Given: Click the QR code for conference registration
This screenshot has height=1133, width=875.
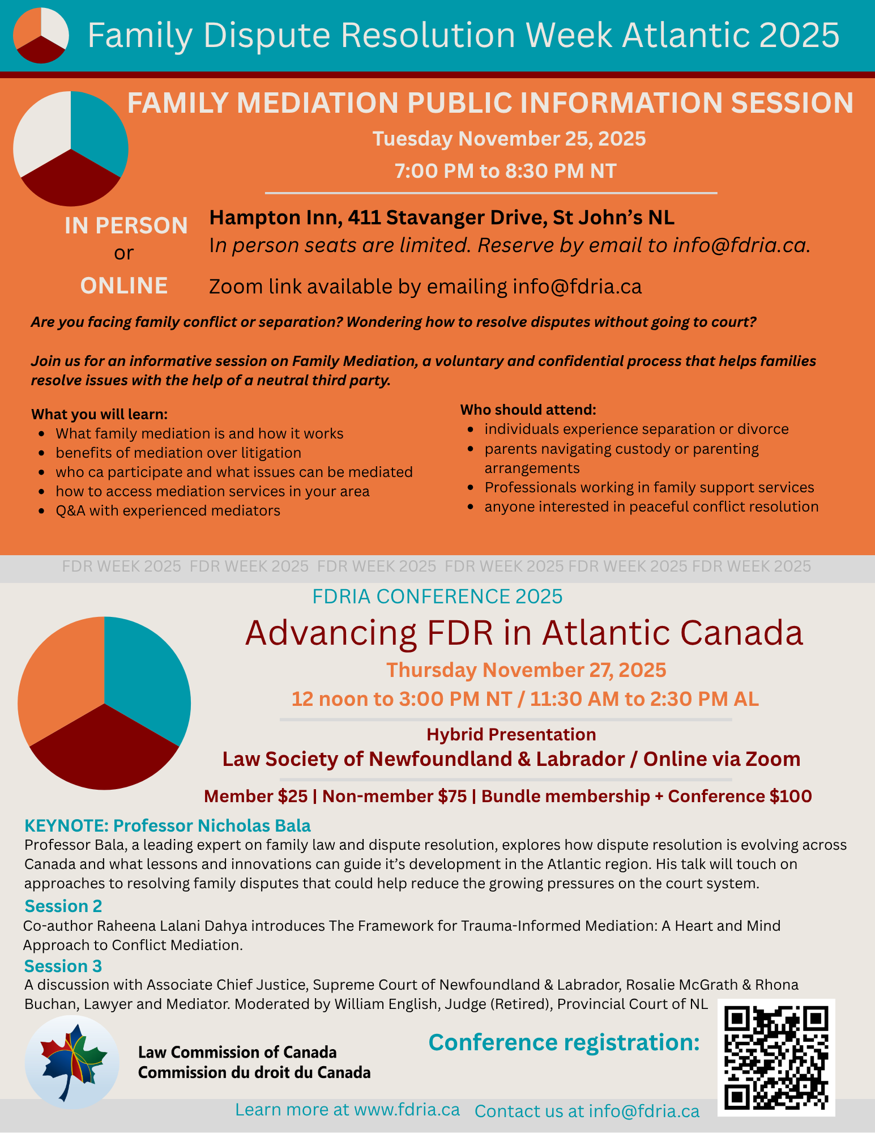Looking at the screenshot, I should pos(776,1058).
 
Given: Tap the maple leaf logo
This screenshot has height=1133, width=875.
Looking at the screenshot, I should pos(72,1061).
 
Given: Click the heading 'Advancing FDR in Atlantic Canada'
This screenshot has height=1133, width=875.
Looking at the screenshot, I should pos(524,633).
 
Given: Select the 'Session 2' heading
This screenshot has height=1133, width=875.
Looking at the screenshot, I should pos(63,906).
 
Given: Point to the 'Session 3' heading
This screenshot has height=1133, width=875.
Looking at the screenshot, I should pos(63,966).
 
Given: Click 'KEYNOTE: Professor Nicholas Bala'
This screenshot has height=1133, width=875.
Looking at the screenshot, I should pos(168,825).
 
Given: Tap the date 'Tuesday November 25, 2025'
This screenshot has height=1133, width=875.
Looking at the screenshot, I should pos(509,139).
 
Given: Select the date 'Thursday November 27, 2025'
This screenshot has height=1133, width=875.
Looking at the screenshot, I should pos(526,670).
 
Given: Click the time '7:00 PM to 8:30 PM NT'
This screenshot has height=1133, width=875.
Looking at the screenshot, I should pos(505,171).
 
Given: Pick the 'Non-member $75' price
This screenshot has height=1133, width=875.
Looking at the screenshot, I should pos(395,796).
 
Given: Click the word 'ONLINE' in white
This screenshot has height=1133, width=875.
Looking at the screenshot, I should pos(124,286).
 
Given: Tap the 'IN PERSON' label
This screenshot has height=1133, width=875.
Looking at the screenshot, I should pos(126,226).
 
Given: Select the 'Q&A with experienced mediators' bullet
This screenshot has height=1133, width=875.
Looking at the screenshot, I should pos(168,511).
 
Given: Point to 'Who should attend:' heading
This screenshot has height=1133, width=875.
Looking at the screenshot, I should pos(528,410).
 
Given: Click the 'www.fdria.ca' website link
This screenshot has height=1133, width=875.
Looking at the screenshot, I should pos(407,1110).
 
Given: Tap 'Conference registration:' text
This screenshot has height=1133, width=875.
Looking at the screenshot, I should pos(564,1042).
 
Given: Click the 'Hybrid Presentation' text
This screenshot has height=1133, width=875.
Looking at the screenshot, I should pos(511,735).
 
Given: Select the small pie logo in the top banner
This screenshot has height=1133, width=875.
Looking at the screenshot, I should pos(41,35).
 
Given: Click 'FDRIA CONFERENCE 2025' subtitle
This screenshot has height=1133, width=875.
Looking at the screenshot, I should pos(437,597).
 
